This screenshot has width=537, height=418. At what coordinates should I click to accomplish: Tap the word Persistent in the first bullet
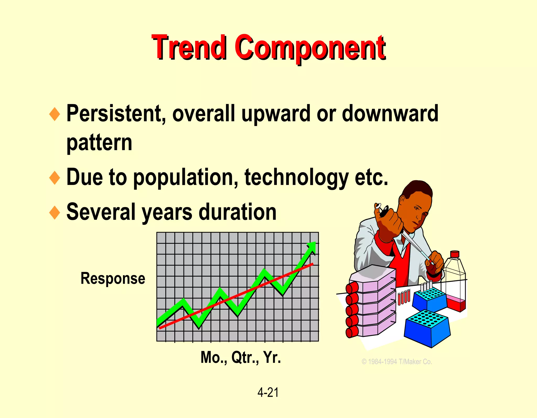click(x=114, y=113)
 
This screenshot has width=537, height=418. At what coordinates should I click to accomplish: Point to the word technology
click(x=296, y=178)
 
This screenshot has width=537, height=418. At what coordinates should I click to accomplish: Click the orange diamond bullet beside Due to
click(x=55, y=178)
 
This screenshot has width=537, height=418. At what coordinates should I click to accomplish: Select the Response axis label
click(x=113, y=278)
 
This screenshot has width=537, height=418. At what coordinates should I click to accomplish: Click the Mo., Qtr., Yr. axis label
click(x=240, y=357)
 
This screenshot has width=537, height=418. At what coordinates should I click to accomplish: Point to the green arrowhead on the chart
click(x=312, y=247)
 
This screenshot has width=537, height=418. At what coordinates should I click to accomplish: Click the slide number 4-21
click(x=268, y=393)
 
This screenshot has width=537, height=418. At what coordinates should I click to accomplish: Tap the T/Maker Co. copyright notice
click(x=397, y=362)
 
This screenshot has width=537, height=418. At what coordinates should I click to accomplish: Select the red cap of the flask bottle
click(x=454, y=254)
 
